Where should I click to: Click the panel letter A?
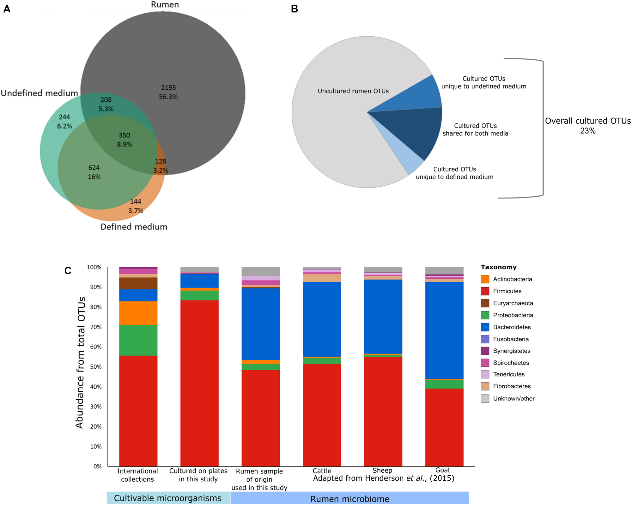coord(7,9)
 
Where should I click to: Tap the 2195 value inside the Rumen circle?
coord(168,88)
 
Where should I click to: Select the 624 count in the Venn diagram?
coord(94,168)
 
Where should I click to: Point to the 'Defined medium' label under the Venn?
coord(134,227)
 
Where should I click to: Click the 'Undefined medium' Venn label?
coord(39,93)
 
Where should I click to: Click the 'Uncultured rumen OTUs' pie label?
coord(353,91)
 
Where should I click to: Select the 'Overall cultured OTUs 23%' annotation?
coord(587,126)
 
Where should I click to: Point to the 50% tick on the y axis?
coord(96,367)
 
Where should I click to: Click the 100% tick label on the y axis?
coord(94,267)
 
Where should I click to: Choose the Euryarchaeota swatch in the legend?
coord(485,303)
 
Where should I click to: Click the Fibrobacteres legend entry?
coord(512,386)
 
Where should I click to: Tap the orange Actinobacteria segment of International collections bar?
coord(138,313)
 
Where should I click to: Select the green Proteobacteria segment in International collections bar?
coord(138,340)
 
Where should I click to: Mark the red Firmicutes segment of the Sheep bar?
coord(383,410)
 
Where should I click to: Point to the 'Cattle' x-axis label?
coord(322,471)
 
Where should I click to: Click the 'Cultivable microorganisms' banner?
coord(168,498)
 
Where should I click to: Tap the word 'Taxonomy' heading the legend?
coord(498,267)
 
